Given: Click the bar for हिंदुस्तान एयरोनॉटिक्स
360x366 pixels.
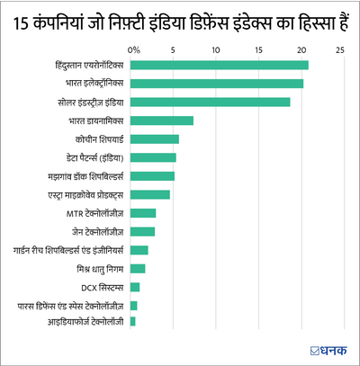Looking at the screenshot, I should pyautogui.click(x=220, y=65).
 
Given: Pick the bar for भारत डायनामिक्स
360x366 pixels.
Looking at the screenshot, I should pyautogui.click(x=162, y=121).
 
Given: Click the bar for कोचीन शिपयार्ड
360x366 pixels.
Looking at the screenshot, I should pyautogui.click(x=155, y=138).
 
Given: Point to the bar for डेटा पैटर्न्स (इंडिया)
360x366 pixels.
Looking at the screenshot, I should pyautogui.click(x=153, y=157).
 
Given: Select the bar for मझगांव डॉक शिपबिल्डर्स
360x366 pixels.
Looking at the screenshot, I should pyautogui.click(x=152, y=175).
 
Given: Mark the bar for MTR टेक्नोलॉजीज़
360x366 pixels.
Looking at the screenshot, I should pyautogui.click(x=143, y=212).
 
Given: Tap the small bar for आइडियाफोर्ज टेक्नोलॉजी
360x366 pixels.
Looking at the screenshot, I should pyautogui.click(x=133, y=321).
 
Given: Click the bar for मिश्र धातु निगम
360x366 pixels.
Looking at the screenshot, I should pyautogui.click(x=138, y=268).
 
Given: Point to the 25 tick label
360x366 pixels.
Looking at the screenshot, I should pyautogui.click(x=340, y=49).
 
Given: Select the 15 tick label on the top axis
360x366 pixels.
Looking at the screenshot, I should pyautogui.click(x=257, y=49).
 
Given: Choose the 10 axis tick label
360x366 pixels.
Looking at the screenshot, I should pyautogui.click(x=216, y=49).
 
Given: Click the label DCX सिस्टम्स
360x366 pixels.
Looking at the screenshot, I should pyautogui.click(x=102, y=287).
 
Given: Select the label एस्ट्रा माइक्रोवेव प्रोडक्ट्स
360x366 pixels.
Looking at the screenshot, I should pyautogui.click(x=78, y=194).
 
